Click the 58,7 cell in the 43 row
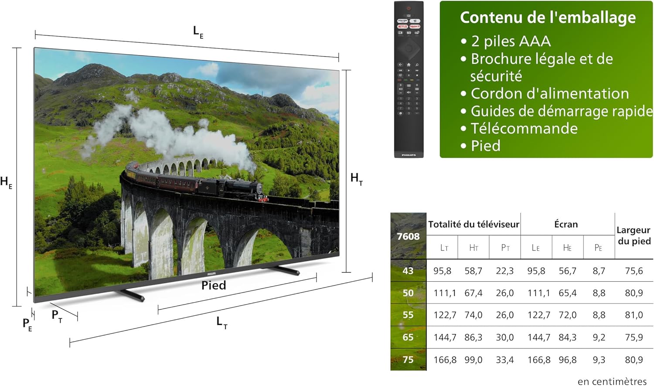tap(473, 271)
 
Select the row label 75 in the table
tap(408, 359)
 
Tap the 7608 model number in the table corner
tap(408, 236)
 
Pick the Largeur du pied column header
tap(634, 236)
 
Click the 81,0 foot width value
tap(634, 315)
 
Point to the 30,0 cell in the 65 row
tap(504, 337)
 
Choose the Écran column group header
tap(566, 224)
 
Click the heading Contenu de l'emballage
tap(548, 17)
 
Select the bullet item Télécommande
tap(524, 128)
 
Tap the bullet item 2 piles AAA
tap(511, 41)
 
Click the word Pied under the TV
tap(214, 285)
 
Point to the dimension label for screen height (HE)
tap(7, 182)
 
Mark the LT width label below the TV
tap(222, 322)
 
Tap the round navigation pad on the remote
tap(409, 48)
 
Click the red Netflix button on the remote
tap(402, 27)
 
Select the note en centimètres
tap(612, 381)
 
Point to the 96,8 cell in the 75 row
tap(567, 359)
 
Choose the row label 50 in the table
tap(408, 293)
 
